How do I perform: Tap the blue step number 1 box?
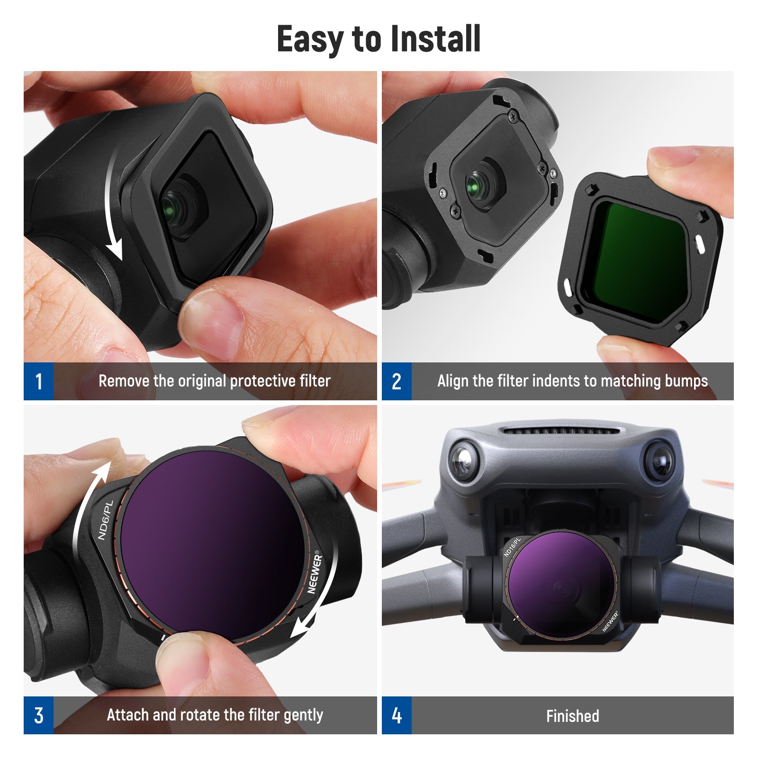click(x=38, y=381)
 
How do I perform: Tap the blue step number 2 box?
click(x=397, y=381)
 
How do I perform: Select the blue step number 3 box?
click(x=38, y=715)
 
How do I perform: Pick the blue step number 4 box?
click(x=397, y=715)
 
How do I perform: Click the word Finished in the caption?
click(x=572, y=716)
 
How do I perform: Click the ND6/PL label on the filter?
click(x=105, y=520)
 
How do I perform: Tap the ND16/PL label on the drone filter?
click(x=512, y=547)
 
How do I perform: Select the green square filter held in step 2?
click(x=635, y=258)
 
